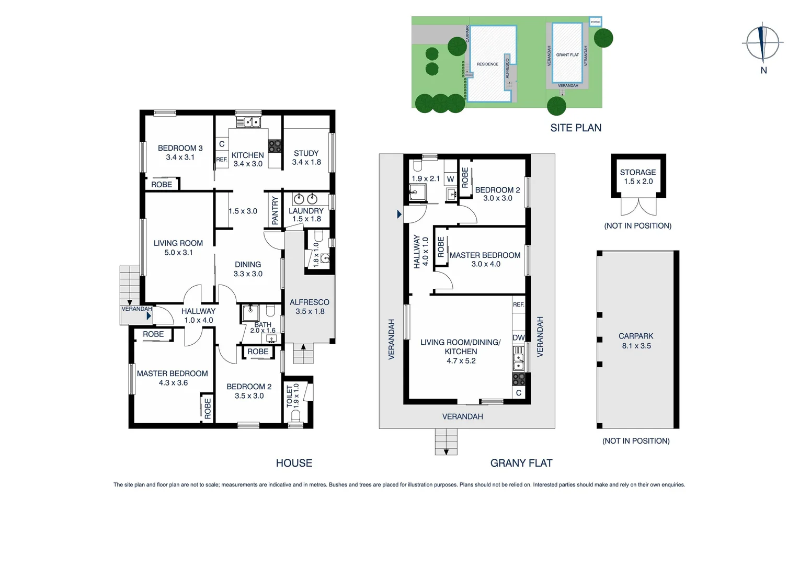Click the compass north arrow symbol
click(763, 43)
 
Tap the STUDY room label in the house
click(306, 153)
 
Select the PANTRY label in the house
click(275, 210)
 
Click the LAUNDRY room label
click(306, 211)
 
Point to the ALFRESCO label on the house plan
click(309, 302)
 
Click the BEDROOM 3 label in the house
click(180, 148)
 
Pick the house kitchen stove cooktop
click(275, 146)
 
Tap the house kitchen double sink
click(248, 122)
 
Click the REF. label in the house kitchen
click(222, 160)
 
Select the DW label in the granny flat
click(518, 338)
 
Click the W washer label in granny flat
click(450, 179)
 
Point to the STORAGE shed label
click(637, 173)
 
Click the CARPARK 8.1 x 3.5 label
click(636, 341)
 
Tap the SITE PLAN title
click(576, 128)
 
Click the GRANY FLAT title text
click(521, 463)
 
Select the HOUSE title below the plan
click(294, 463)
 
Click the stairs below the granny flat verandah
click(446, 441)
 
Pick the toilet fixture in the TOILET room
click(295, 415)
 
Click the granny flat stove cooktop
click(518, 379)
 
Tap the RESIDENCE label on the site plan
click(487, 64)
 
